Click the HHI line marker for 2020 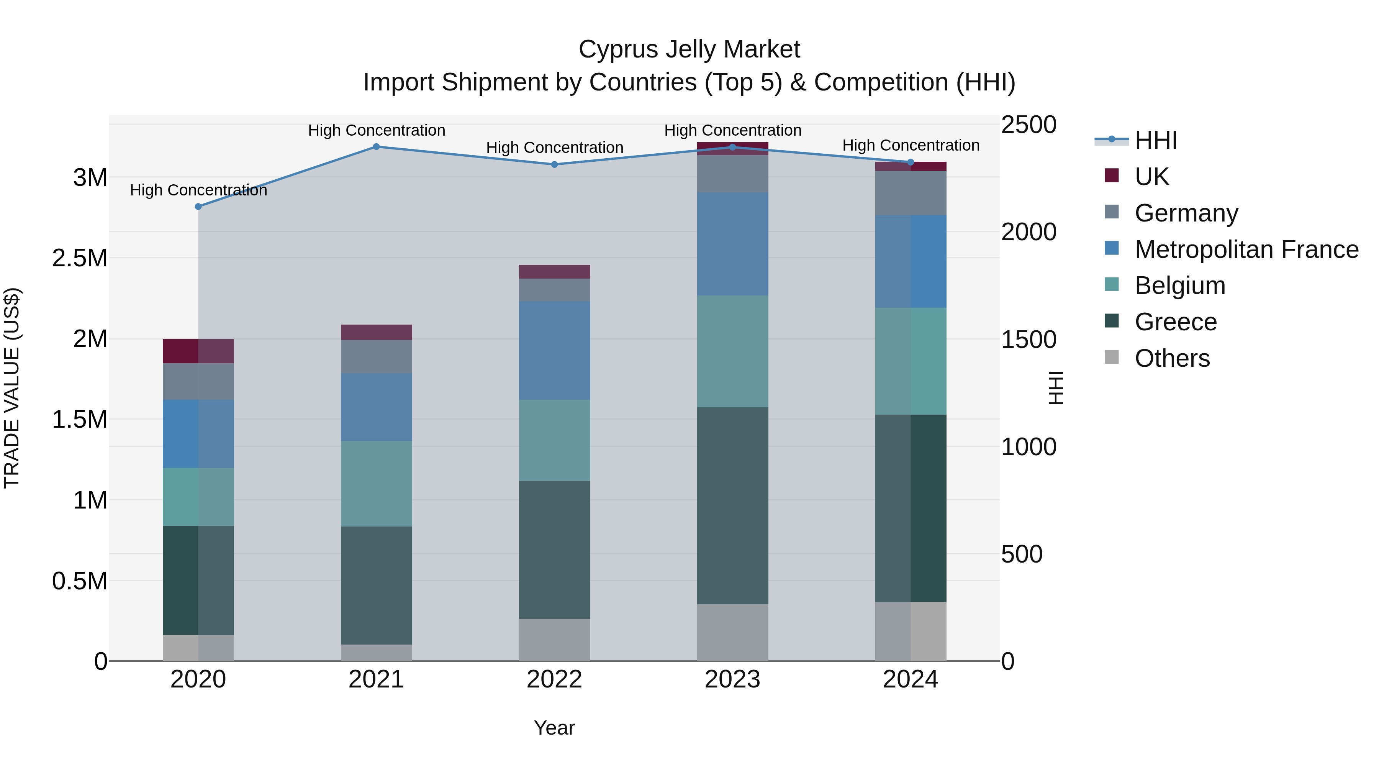[x=198, y=207]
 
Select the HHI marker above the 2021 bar [x=376, y=147]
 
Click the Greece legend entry [x=1176, y=322]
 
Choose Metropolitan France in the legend [x=1246, y=249]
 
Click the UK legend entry [x=1151, y=177]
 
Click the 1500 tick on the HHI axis [x=1029, y=340]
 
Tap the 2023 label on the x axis [x=732, y=679]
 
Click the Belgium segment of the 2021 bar [x=376, y=484]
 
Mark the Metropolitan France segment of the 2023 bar [x=732, y=244]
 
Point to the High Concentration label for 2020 [x=198, y=190]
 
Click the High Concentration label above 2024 [x=911, y=145]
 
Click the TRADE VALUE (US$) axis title [x=12, y=388]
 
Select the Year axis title [x=554, y=728]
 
